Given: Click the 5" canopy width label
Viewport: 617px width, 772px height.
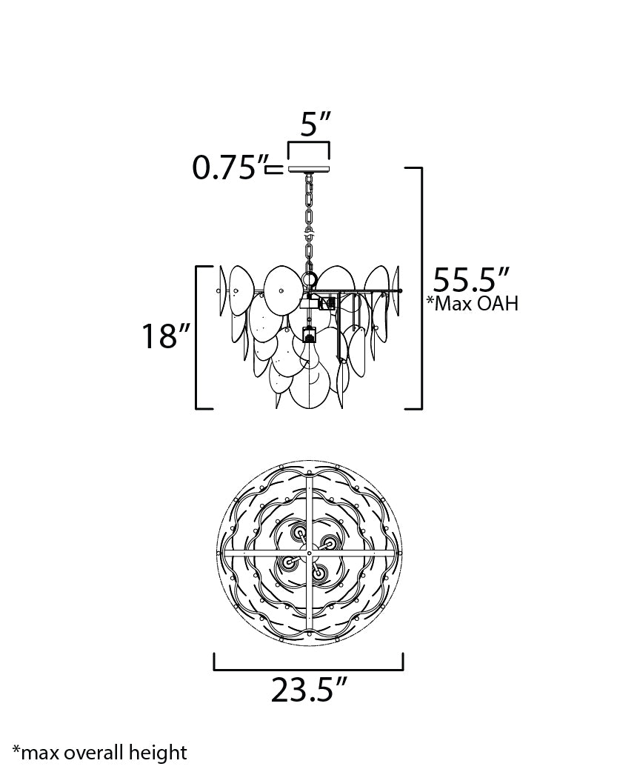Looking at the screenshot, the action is click(315, 124).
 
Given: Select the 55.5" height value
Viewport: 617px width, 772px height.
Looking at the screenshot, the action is click(470, 280).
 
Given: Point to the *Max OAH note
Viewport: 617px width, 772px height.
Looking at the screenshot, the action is click(473, 303).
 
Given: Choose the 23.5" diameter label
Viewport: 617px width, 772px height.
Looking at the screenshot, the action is click(309, 690).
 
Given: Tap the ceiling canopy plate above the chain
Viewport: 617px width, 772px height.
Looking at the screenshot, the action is click(309, 170).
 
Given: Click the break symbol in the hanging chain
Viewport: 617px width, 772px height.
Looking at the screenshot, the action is click(309, 231).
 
